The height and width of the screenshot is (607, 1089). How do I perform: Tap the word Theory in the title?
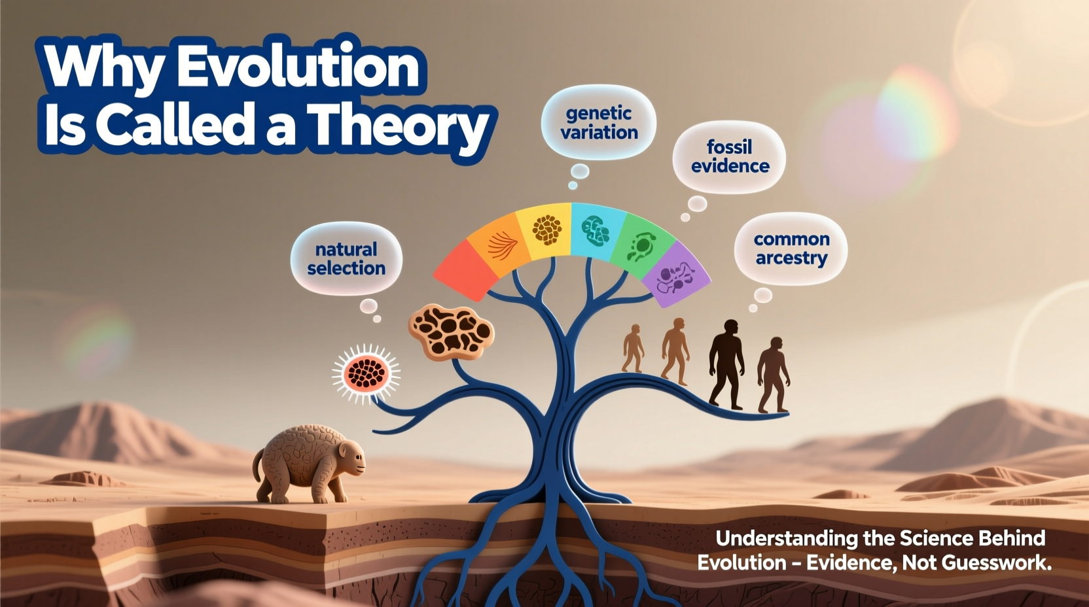[399, 126]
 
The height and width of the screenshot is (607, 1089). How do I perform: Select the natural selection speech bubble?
[346, 258]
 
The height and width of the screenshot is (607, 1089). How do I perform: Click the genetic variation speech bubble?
[599, 122]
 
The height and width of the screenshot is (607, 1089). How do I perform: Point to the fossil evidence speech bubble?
[730, 156]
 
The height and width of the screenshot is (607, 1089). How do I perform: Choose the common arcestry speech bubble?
[791, 249]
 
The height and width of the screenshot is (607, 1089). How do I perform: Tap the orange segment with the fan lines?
[501, 241]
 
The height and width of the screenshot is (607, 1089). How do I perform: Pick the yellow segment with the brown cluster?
[546, 230]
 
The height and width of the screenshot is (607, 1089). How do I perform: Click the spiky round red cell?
[366, 373]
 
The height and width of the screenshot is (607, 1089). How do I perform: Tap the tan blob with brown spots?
[451, 332]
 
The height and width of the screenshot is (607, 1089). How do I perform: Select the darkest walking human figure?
[726, 363]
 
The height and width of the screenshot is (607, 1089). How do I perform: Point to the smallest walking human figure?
[633, 348]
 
